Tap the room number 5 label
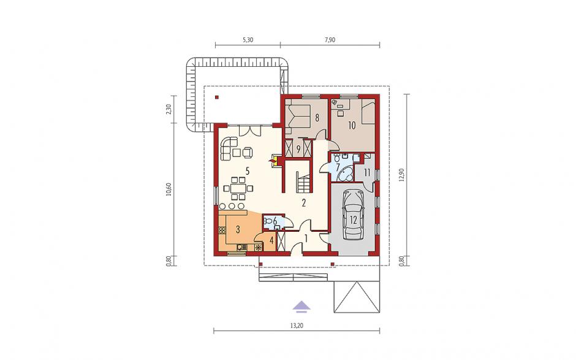pyautogui.click(x=248, y=170)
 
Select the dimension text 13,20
pyautogui.click(x=297, y=325)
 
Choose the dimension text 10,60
pyautogui.click(x=169, y=189)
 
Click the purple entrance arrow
pyautogui.click(x=301, y=306)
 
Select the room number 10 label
pyautogui.click(x=352, y=126)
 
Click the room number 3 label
pyautogui.click(x=238, y=230)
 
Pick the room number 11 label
pyautogui.click(x=367, y=172)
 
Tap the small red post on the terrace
pyautogui.click(x=217, y=98)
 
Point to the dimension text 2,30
pyautogui.click(x=169, y=110)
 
